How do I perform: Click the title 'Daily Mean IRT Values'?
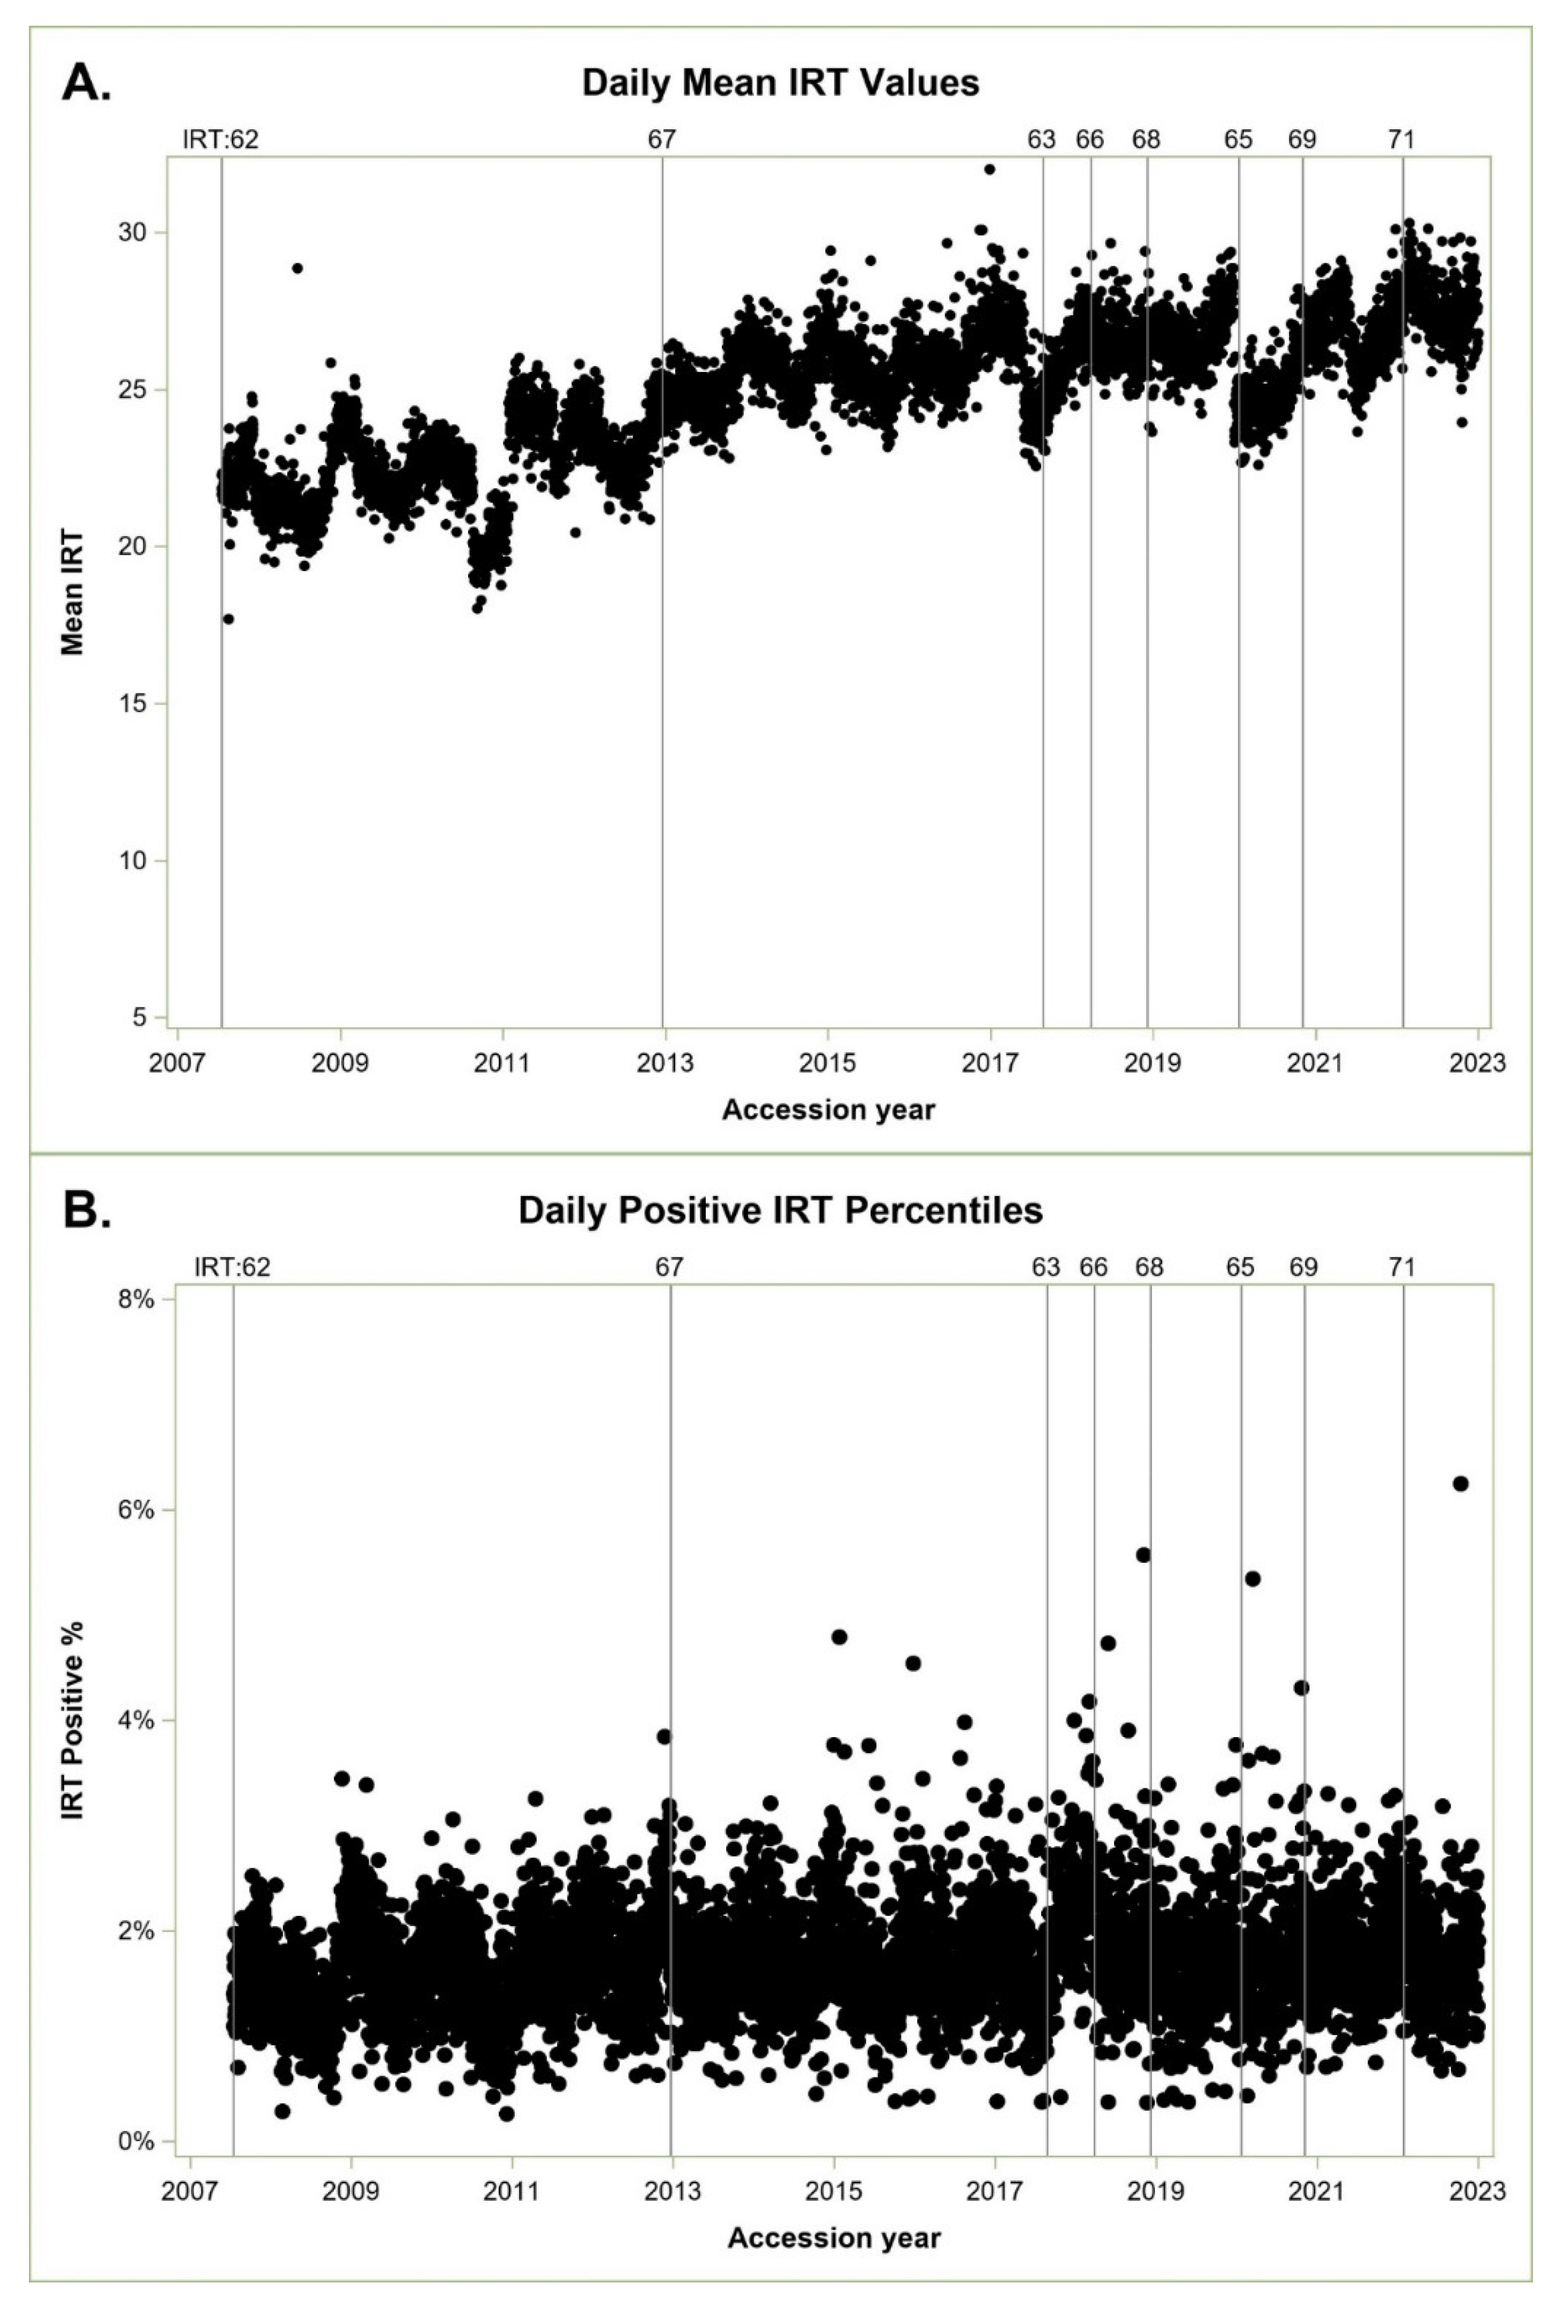point(780,82)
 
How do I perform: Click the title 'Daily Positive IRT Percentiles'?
point(780,1211)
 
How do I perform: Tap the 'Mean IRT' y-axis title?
point(72,592)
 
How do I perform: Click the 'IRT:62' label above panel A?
point(220,140)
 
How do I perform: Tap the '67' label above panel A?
point(662,140)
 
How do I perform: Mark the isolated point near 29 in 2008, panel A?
point(297,268)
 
